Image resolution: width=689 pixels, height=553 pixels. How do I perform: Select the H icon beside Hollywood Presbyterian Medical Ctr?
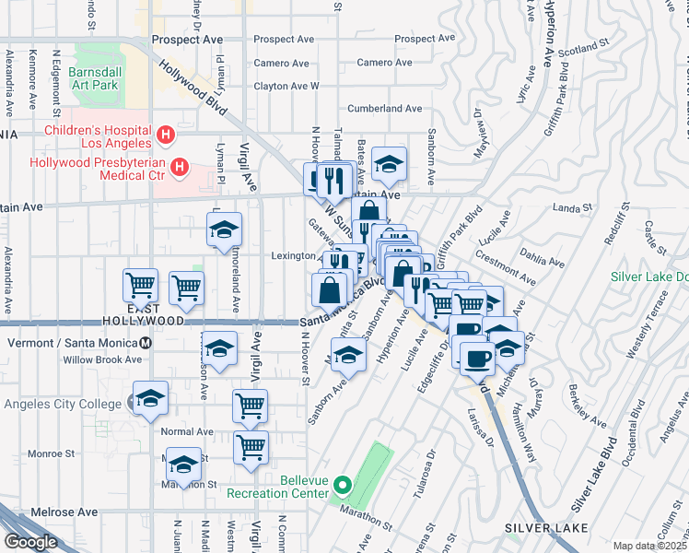(181, 169)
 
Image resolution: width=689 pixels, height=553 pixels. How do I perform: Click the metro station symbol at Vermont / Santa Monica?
(146, 343)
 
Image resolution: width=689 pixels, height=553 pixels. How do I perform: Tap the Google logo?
(29, 542)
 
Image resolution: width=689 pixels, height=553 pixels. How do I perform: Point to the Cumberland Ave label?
(385, 109)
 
